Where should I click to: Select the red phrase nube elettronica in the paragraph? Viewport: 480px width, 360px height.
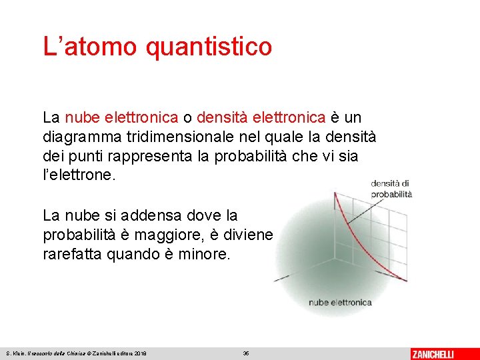(122, 118)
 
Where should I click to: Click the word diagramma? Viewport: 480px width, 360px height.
(78, 137)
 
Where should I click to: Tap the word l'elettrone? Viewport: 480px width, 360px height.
(79, 176)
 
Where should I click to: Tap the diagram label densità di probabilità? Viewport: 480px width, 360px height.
(391, 189)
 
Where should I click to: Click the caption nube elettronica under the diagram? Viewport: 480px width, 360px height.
(340, 303)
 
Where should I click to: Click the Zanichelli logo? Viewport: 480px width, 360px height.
(433, 353)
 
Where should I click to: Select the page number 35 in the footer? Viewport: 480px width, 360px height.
(245, 353)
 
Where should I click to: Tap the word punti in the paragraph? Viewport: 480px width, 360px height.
(89, 157)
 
